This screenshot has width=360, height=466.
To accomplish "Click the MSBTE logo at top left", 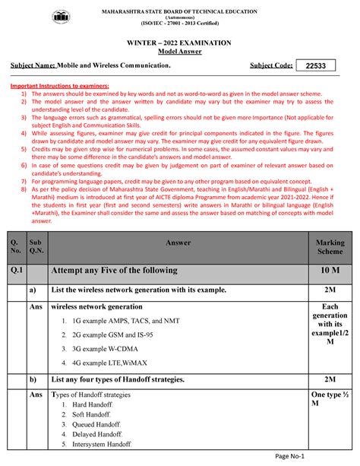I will coord(61,17).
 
